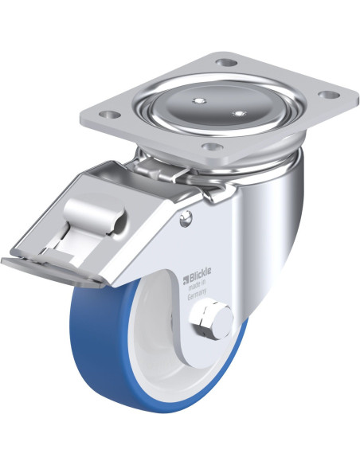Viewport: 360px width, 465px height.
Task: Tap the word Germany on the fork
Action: point(198,296)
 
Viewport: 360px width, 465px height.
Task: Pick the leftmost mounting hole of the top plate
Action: point(109,114)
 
